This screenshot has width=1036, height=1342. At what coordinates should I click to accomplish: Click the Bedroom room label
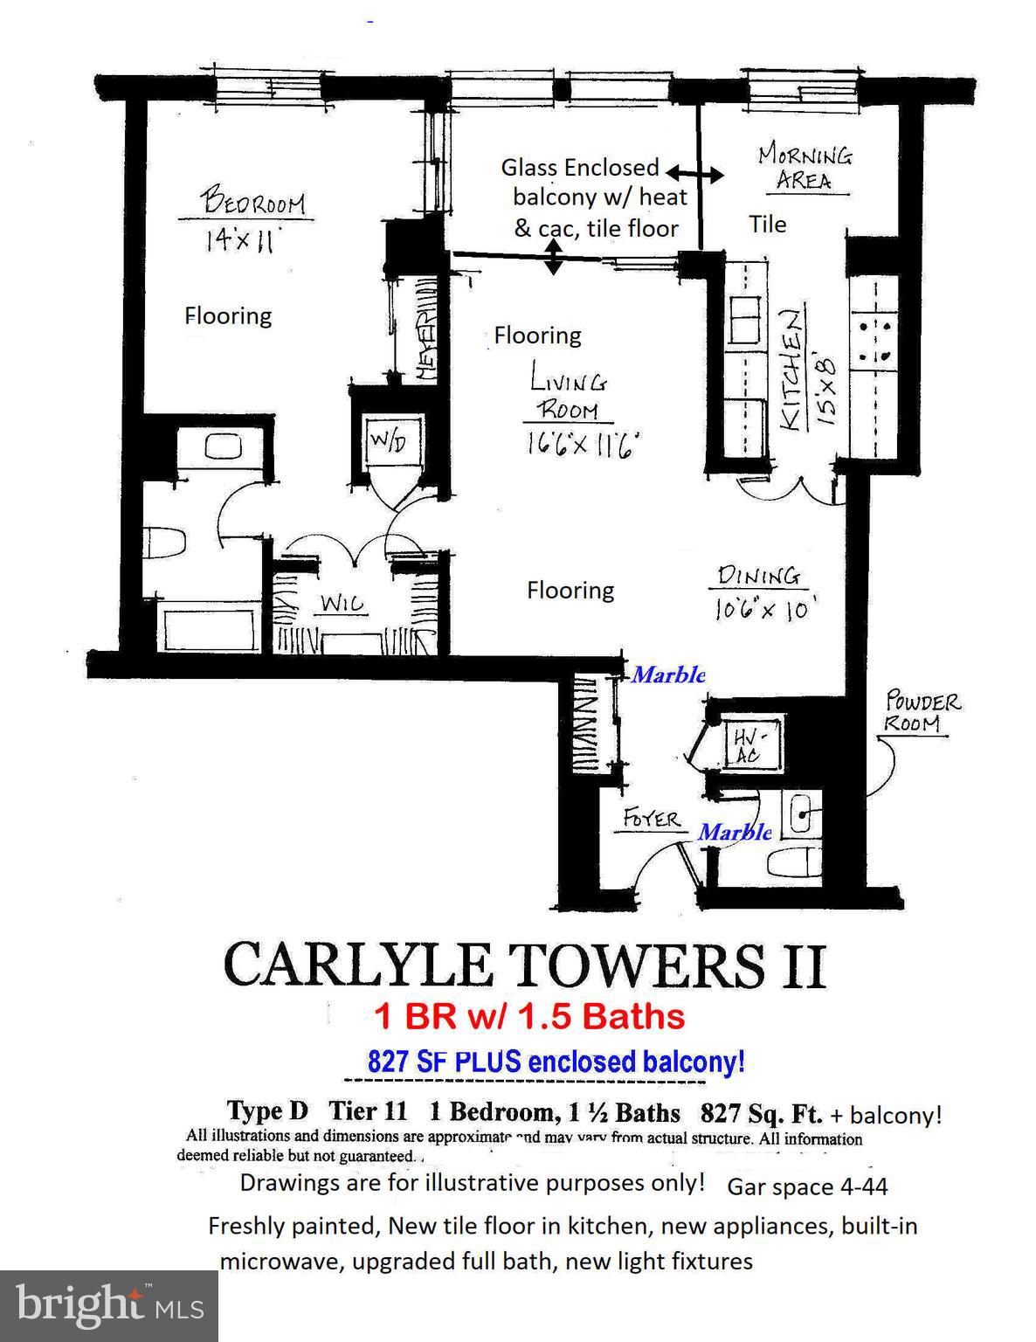pyautogui.click(x=253, y=202)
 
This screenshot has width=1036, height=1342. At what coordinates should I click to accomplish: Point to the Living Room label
pyautogui.click(x=568, y=395)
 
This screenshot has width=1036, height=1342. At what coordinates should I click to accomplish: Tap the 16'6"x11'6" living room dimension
pyautogui.click(x=584, y=445)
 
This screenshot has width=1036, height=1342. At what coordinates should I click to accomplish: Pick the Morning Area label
pyautogui.click(x=805, y=168)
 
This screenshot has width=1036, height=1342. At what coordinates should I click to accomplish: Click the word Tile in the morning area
pyautogui.click(x=768, y=225)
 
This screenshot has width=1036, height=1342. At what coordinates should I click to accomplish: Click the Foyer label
pyautogui.click(x=651, y=819)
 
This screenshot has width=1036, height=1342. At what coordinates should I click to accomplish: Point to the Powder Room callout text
pyautogui.click(x=922, y=712)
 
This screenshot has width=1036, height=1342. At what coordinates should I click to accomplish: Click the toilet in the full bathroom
pyautogui.click(x=164, y=543)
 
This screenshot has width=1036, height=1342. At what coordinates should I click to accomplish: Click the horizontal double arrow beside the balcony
pyautogui.click(x=695, y=175)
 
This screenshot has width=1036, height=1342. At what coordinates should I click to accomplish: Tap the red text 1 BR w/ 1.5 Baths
pyautogui.click(x=529, y=1016)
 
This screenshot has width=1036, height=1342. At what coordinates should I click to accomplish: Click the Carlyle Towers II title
pyautogui.click(x=524, y=965)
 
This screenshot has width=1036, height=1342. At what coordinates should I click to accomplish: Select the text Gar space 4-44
pyautogui.click(x=807, y=1186)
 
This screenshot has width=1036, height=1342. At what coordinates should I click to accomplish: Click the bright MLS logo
pyautogui.click(x=109, y=1306)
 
